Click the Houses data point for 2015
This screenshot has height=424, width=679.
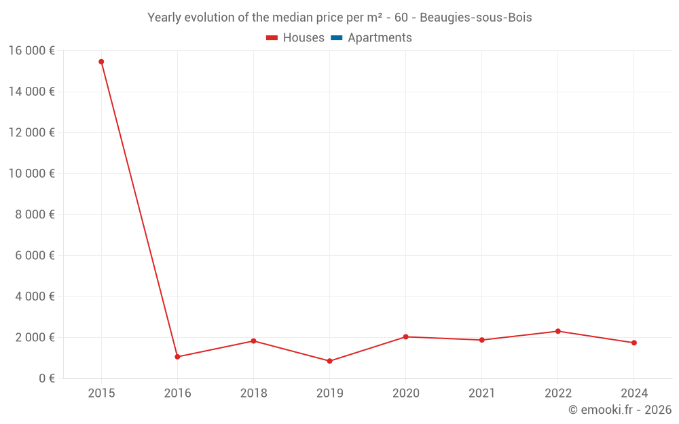pyautogui.click(x=101, y=62)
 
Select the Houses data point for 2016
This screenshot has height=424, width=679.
pyautogui.click(x=177, y=357)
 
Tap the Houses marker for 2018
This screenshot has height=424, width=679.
pyautogui.click(x=253, y=341)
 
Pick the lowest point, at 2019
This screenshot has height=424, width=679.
pyautogui.click(x=329, y=361)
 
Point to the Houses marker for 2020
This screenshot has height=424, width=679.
pyautogui.click(x=405, y=336)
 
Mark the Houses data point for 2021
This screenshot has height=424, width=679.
pyautogui.click(x=481, y=340)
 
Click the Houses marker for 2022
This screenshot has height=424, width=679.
pyautogui.click(x=558, y=331)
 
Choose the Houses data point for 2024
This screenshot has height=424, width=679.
pyautogui.click(x=634, y=343)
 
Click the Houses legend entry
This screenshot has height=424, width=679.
pyautogui.click(x=295, y=38)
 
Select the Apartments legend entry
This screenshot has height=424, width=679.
pyautogui.click(x=371, y=38)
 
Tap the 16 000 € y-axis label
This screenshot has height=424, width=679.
pyautogui.click(x=32, y=50)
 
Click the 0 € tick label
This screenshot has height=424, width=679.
pyautogui.click(x=46, y=378)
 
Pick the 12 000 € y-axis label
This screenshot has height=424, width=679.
pyautogui.click(x=32, y=132)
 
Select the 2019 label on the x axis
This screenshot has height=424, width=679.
pyautogui.click(x=329, y=393)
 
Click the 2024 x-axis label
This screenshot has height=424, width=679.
pyautogui.click(x=634, y=393)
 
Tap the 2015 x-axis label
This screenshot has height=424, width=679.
pyautogui.click(x=101, y=393)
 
